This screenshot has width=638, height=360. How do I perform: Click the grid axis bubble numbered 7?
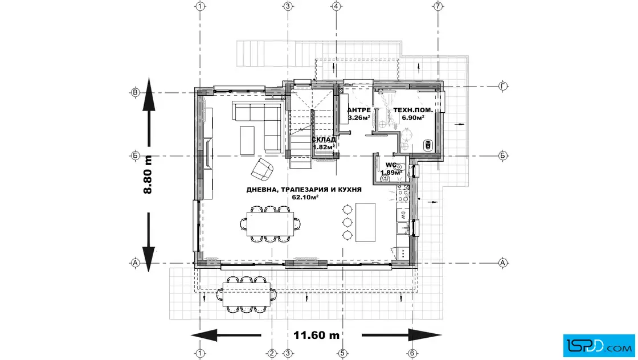[437, 6]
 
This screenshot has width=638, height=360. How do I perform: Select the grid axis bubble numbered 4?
[336, 6]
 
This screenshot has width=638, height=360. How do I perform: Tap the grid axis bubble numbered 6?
[412, 353]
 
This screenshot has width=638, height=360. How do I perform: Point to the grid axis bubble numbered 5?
[342, 353]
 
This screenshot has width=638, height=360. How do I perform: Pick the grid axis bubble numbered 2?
[272, 353]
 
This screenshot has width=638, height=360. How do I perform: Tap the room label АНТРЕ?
[359, 110]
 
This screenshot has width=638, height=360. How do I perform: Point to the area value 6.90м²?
[413, 118]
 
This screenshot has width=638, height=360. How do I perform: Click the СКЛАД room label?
[324, 139]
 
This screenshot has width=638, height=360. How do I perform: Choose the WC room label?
[390, 165]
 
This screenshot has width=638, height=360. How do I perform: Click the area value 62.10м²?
[305, 198]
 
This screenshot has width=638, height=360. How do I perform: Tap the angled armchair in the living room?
[263, 169]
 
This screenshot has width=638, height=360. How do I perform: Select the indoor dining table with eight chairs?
[270, 222]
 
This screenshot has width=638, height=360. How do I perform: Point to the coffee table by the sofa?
[248, 140]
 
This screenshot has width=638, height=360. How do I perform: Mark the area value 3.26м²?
[359, 118]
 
